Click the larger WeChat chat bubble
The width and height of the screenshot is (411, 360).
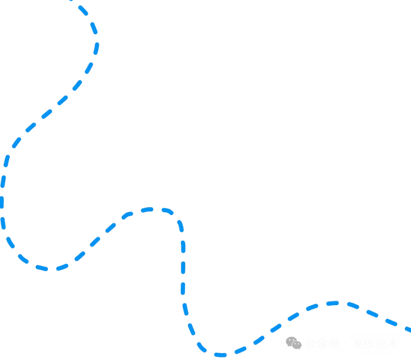tap(291, 341)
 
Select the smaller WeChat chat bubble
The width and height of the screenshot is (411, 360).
tap(297, 345)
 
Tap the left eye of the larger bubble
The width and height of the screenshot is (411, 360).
tap(290, 340)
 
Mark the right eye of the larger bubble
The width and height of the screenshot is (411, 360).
tap(294, 340)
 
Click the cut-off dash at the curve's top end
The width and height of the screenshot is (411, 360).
tap(71, 1)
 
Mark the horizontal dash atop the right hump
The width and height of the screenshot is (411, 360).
tap(332, 303)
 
